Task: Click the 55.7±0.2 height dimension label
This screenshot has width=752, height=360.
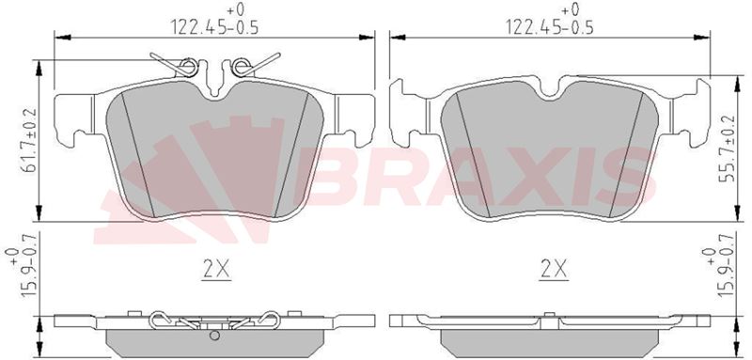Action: pyautogui.click(x=728, y=149)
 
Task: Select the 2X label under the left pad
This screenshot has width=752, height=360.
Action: pyautogui.click(x=216, y=271)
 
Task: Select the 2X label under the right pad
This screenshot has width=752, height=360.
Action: pyautogui.click(x=554, y=271)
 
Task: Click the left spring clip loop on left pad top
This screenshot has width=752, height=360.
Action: pyautogui.click(x=188, y=67)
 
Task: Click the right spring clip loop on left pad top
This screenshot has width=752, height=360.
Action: pyautogui.click(x=242, y=67)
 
